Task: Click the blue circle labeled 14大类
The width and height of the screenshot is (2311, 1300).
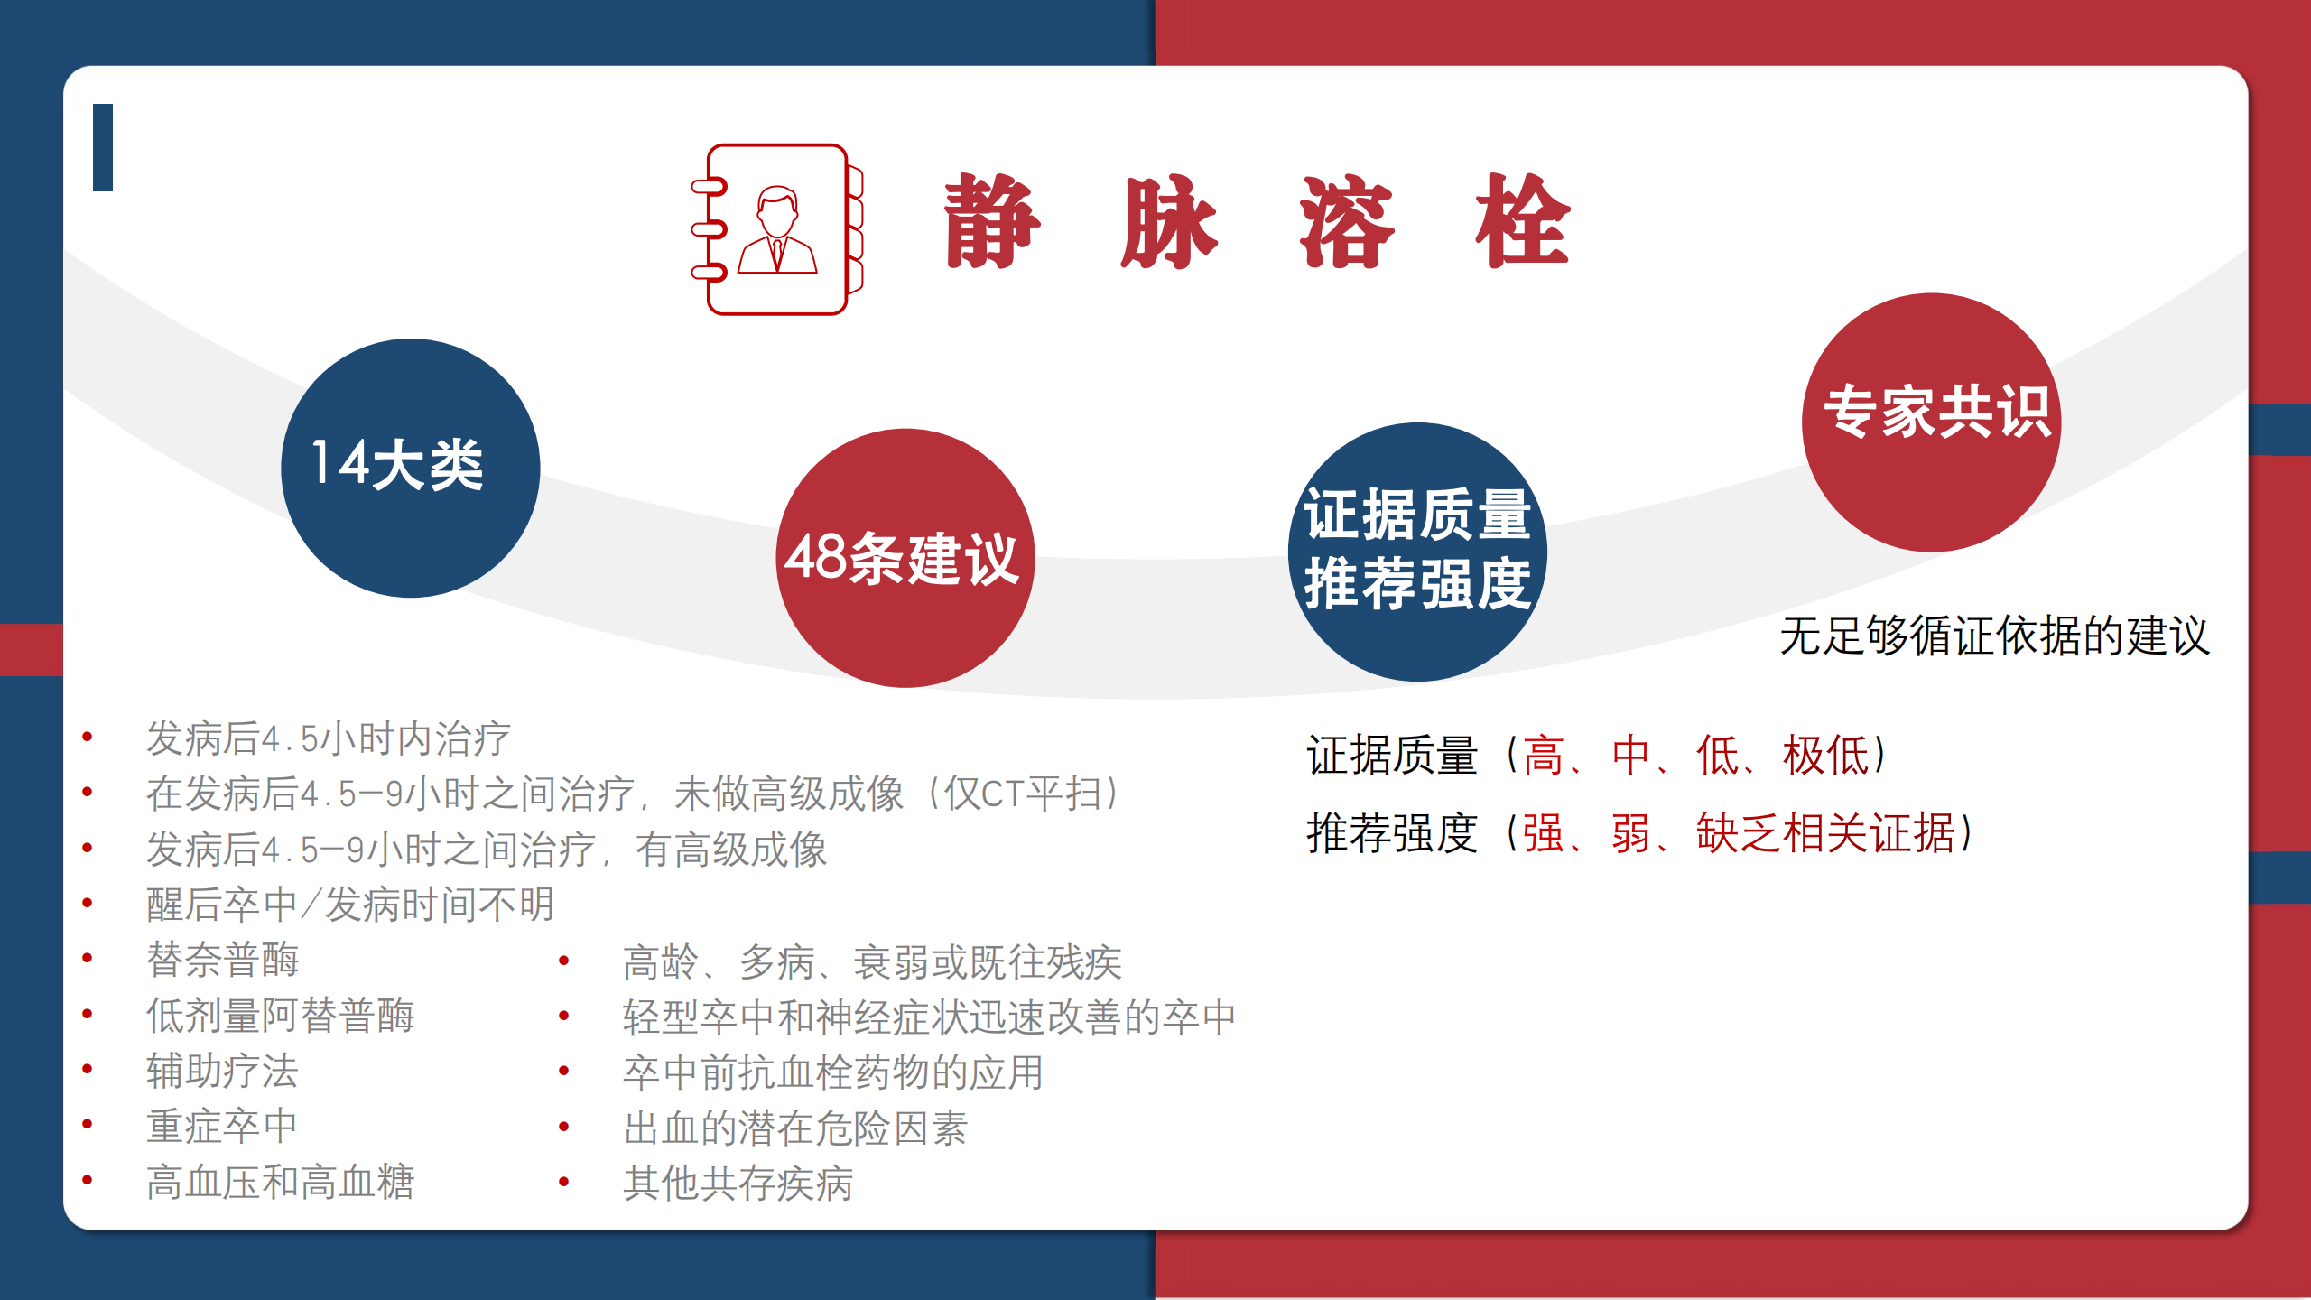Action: click(x=411, y=468)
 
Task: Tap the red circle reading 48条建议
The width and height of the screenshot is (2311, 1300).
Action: click(x=905, y=558)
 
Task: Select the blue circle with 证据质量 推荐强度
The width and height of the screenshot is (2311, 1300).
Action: click(x=1417, y=552)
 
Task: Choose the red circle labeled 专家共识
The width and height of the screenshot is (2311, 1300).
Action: click(x=1932, y=422)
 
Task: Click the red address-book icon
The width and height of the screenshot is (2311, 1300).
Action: click(x=777, y=229)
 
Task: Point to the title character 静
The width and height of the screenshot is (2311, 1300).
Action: click(x=992, y=221)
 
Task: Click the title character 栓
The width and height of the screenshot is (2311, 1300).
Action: click(x=1523, y=221)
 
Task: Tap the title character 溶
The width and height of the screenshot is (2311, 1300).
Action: click(x=1347, y=221)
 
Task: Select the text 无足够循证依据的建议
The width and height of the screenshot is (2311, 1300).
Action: click(x=1995, y=636)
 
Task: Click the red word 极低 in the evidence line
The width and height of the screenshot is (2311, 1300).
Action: click(x=1825, y=756)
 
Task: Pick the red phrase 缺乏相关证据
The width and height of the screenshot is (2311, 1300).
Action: click(x=1825, y=832)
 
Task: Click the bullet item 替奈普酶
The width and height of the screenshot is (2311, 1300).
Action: click(x=223, y=960)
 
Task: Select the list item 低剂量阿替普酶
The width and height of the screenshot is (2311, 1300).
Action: click(x=281, y=1016)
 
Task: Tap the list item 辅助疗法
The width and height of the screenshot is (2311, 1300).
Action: click(x=223, y=1072)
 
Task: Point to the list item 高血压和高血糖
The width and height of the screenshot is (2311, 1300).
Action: click(x=281, y=1182)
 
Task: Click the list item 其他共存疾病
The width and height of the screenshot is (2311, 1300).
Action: click(x=738, y=1184)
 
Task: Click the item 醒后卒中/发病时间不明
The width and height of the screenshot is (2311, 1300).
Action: click(x=350, y=905)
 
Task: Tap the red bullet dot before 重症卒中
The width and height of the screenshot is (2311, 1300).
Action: click(x=88, y=1124)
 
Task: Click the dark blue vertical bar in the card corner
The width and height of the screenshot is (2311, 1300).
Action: click(x=103, y=147)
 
